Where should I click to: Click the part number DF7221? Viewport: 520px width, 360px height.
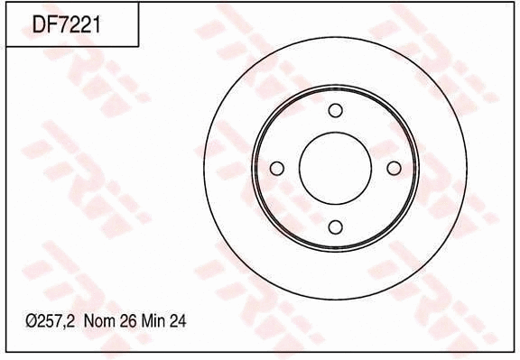pyautogui.click(x=66, y=23)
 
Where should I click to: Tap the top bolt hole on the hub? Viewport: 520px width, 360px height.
pyautogui.click(x=336, y=110)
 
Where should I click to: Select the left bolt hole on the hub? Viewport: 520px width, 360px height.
pyautogui.click(x=277, y=169)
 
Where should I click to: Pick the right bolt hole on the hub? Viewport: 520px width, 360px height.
pyautogui.click(x=394, y=169)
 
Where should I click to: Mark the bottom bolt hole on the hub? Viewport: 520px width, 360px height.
pyautogui.click(x=336, y=226)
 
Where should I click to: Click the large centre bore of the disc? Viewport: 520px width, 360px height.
pyautogui.click(x=336, y=169)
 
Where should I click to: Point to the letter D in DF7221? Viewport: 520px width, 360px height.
pyautogui.click(x=40, y=23)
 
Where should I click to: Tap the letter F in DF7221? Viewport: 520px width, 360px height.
pyautogui.click(x=52, y=23)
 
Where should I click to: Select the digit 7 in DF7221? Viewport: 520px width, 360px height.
pyautogui.click(x=63, y=23)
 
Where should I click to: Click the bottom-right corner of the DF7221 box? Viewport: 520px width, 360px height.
pyautogui.click(x=138, y=46)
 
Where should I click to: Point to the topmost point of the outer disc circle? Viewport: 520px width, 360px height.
pyautogui.click(x=336, y=36)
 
